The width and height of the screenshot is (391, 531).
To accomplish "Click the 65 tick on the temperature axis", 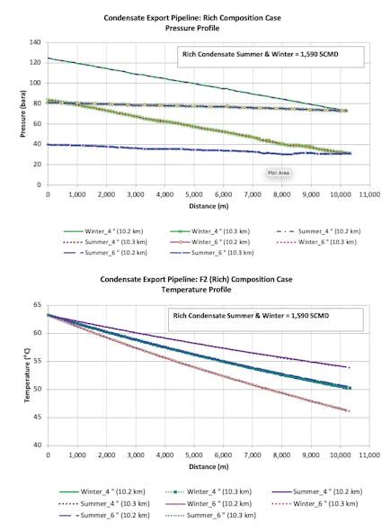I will [37, 306].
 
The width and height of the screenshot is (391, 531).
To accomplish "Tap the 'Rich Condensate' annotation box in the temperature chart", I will [262, 319].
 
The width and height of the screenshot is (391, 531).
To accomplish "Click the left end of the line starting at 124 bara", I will [48, 58].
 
